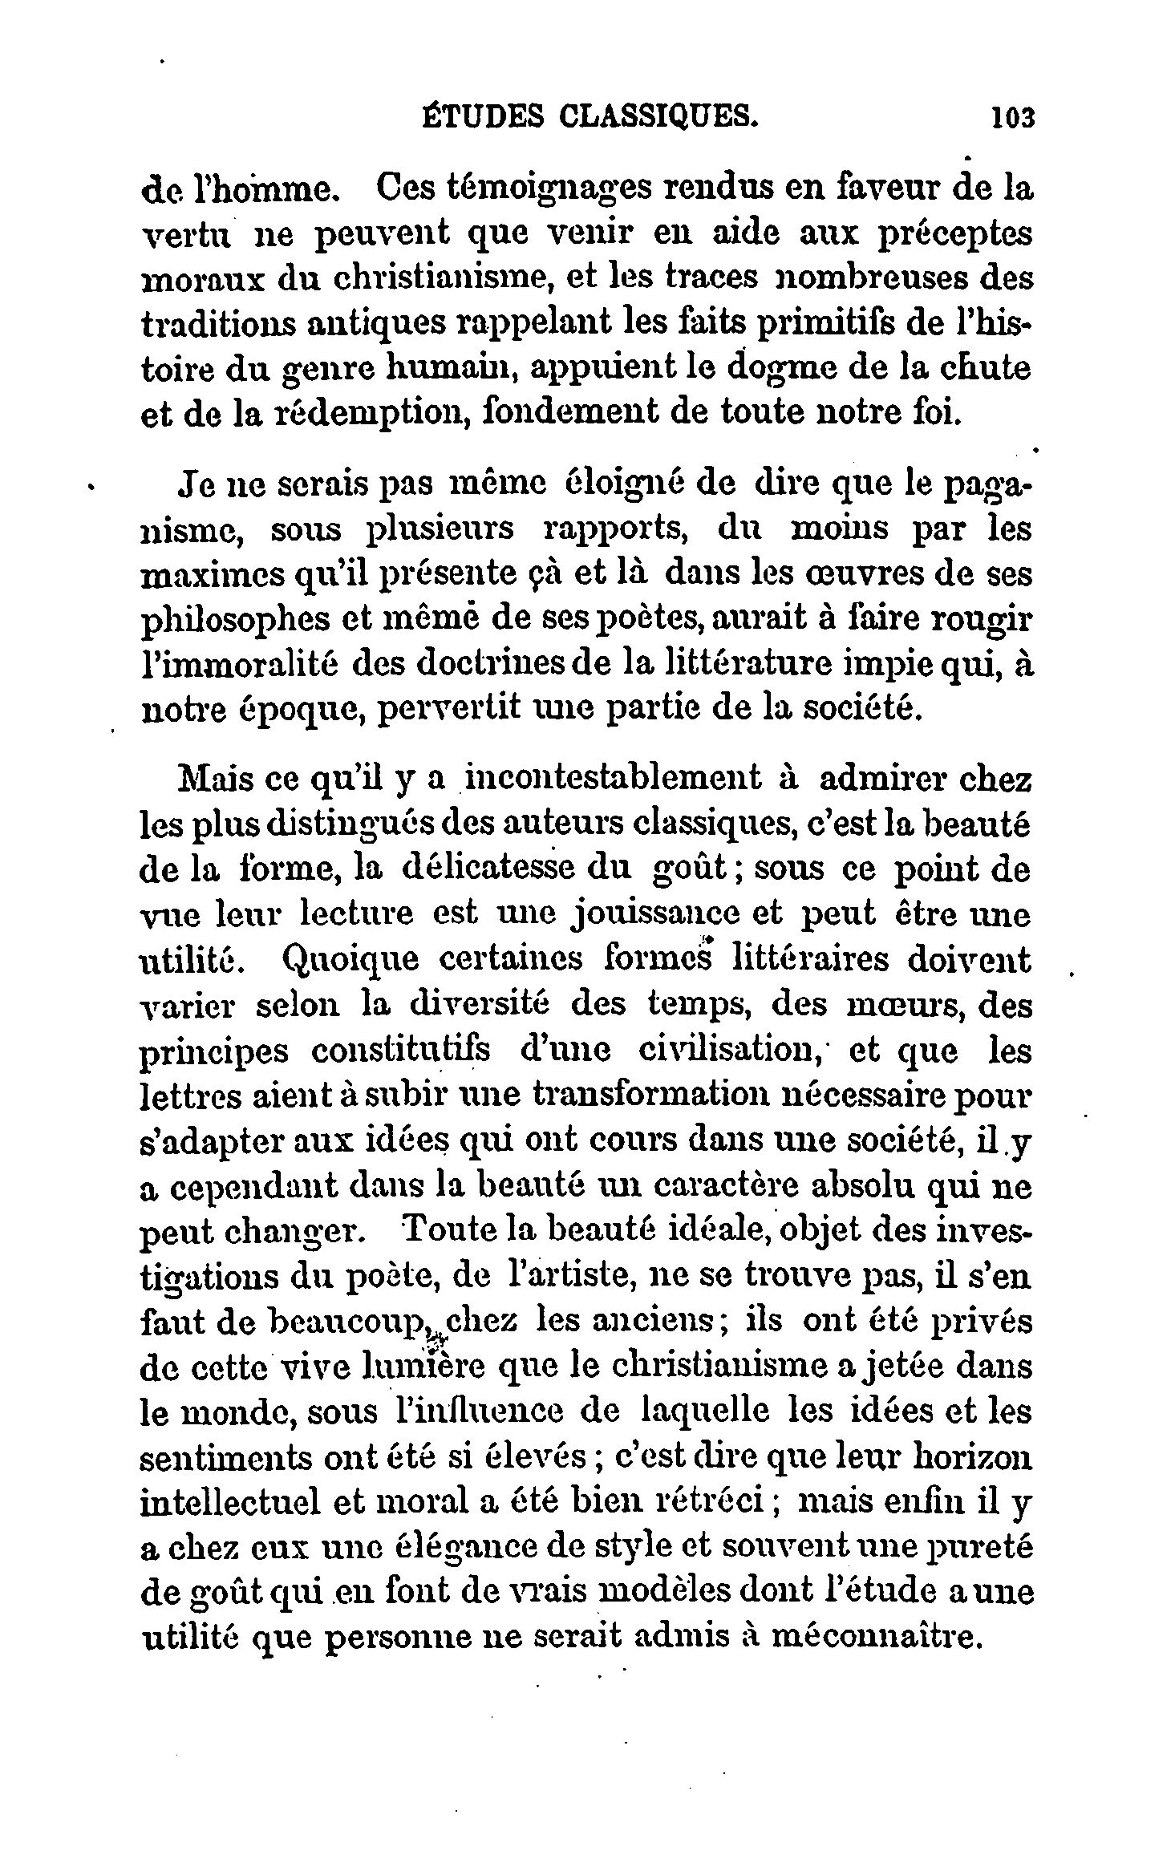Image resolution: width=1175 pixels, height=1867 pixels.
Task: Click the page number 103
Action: tap(1014, 118)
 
